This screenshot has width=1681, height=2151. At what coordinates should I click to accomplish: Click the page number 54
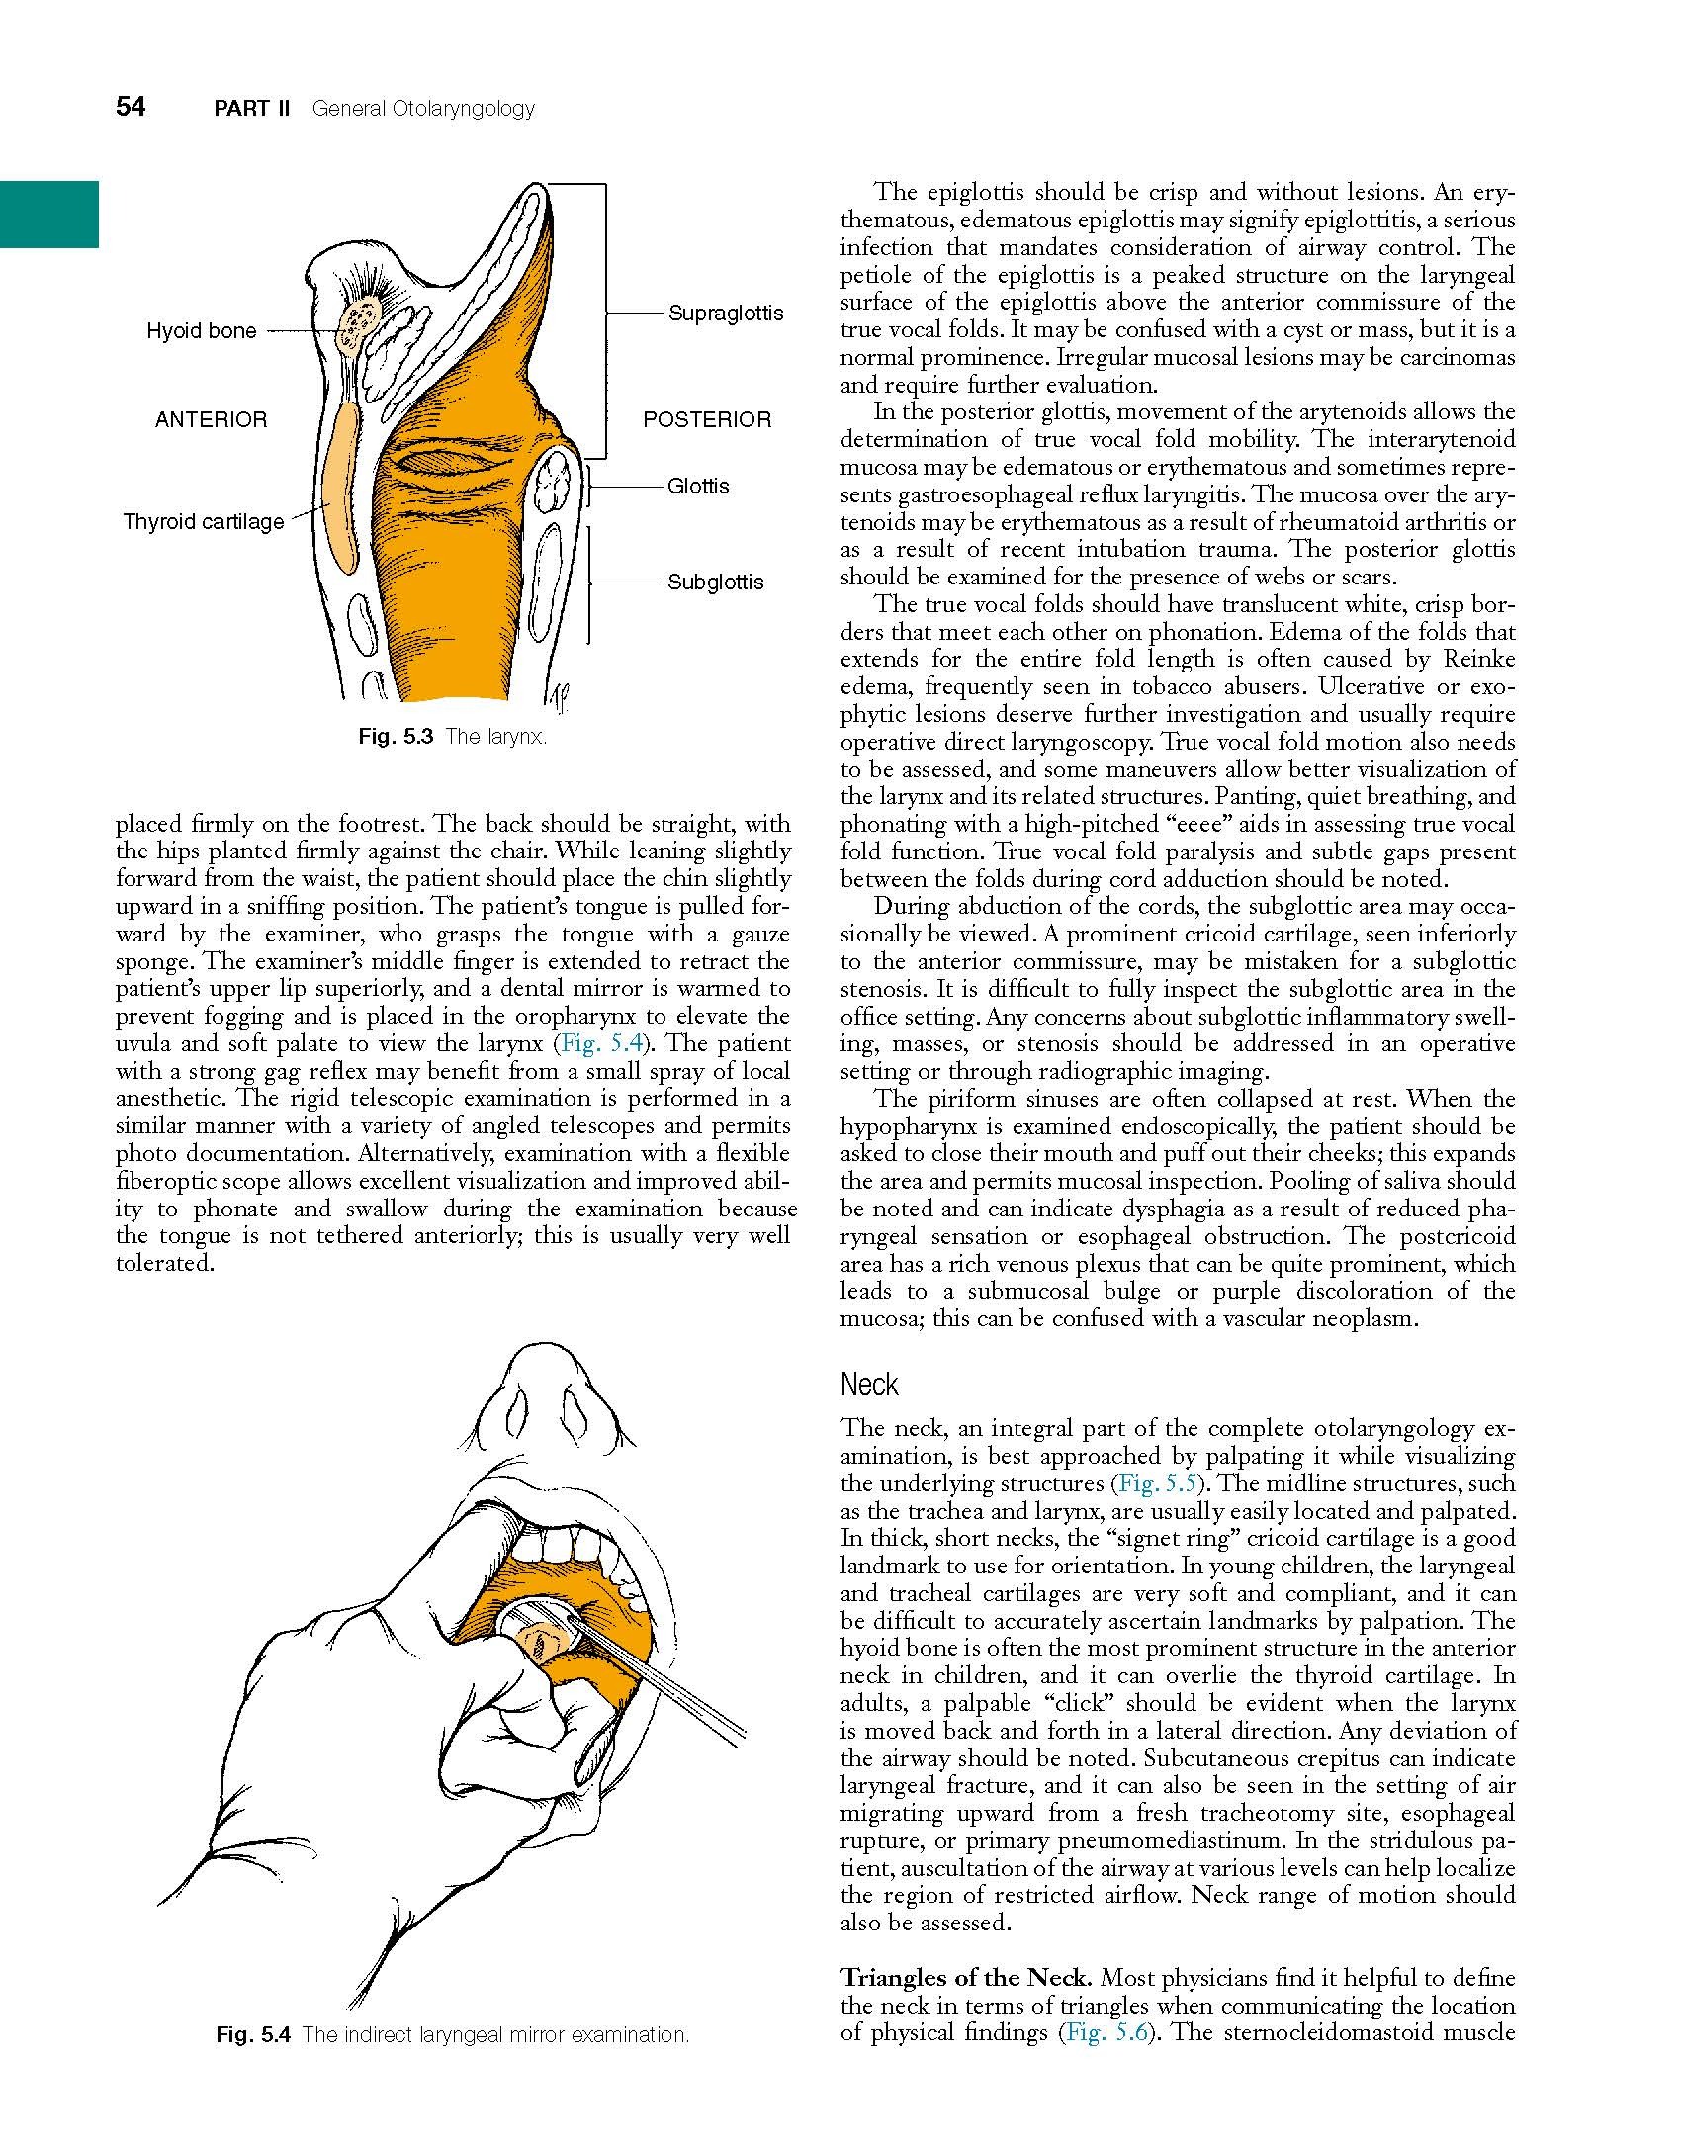(131, 107)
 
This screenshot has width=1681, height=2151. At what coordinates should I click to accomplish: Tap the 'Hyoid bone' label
(201, 331)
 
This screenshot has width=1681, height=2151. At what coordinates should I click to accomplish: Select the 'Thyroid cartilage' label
(203, 521)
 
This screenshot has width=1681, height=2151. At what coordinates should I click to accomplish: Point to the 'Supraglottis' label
(725, 314)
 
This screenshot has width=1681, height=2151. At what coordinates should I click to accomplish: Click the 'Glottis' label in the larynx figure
(697, 486)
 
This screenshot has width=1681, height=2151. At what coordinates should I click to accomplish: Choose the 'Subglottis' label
(715, 582)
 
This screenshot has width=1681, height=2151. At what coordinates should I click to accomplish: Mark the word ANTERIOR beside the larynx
(211, 419)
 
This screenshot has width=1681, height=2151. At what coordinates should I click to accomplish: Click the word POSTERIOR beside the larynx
(706, 419)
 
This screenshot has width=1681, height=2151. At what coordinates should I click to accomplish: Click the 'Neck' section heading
(868, 1385)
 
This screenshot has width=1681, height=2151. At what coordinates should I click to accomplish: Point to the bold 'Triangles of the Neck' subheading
(965, 1977)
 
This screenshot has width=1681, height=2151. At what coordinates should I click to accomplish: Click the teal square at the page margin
(48, 214)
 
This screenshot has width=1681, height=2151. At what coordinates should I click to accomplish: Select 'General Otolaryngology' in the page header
(422, 109)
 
